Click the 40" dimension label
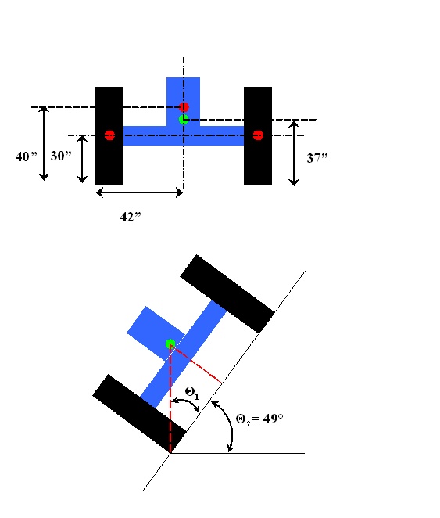click(x=27, y=156)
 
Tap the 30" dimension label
click(x=61, y=156)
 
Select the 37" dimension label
click(x=317, y=158)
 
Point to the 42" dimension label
click(x=131, y=217)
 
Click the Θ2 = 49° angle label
click(x=259, y=419)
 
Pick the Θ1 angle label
click(x=192, y=393)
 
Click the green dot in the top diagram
click(x=184, y=119)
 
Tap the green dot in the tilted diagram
click(x=170, y=344)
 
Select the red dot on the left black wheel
click(x=109, y=135)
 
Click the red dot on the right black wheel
click(x=258, y=135)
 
